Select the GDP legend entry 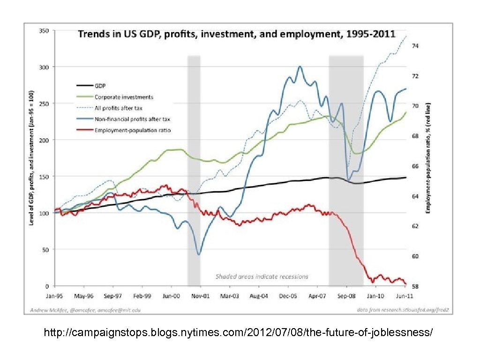point(101,86)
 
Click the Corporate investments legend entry point(124,97)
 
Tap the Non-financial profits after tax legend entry point(133,119)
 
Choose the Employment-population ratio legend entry point(133,130)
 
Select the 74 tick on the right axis point(415,46)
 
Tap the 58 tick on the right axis point(415,286)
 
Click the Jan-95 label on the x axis point(55,296)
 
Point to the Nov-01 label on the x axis point(200,296)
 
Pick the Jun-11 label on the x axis point(404,296)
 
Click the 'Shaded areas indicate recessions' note point(262,277)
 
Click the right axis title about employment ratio point(427,158)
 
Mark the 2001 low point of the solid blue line point(199,255)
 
